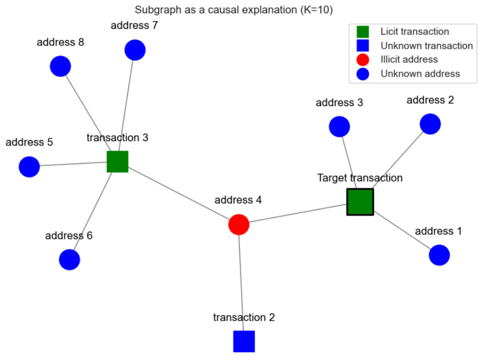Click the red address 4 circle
(x=239, y=224)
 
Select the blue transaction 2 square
(x=244, y=341)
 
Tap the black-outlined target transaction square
(x=360, y=202)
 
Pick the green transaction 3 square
(x=117, y=162)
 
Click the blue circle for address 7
(x=135, y=50)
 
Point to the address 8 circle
(x=61, y=66)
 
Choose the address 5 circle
(x=29, y=167)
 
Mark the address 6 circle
(x=69, y=259)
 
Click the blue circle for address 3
(x=339, y=127)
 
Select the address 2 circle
(x=430, y=124)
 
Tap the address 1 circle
(x=439, y=255)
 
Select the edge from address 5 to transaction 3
(x=73, y=164)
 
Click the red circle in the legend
(x=363, y=59)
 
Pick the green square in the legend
(x=363, y=32)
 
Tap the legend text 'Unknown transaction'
(x=426, y=46)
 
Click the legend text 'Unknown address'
(x=420, y=73)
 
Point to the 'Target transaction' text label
(x=360, y=178)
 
